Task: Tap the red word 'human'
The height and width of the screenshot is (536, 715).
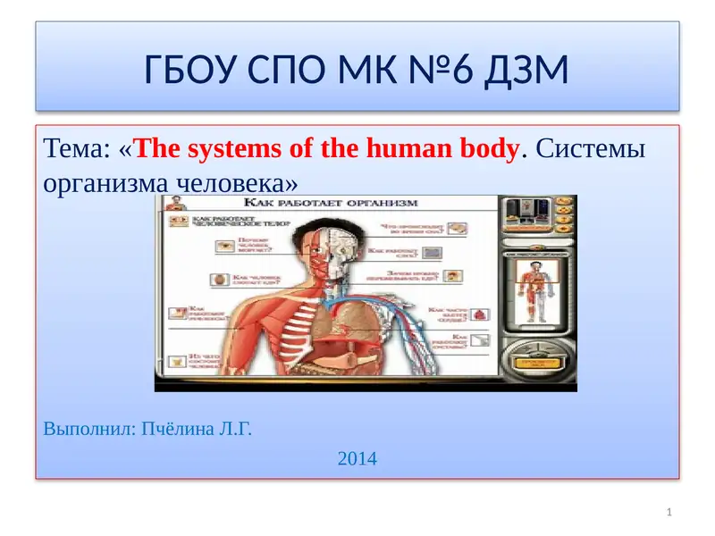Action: coord(408,148)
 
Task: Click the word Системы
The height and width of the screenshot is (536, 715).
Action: coord(592,148)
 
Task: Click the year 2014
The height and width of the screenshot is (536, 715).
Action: coord(357,459)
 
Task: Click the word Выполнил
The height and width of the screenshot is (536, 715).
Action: coord(85,429)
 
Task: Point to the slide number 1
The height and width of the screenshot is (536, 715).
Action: coord(669,512)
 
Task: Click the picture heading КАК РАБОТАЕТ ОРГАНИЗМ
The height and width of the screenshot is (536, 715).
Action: coord(335,204)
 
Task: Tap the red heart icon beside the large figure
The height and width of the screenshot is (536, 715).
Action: coord(482,314)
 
